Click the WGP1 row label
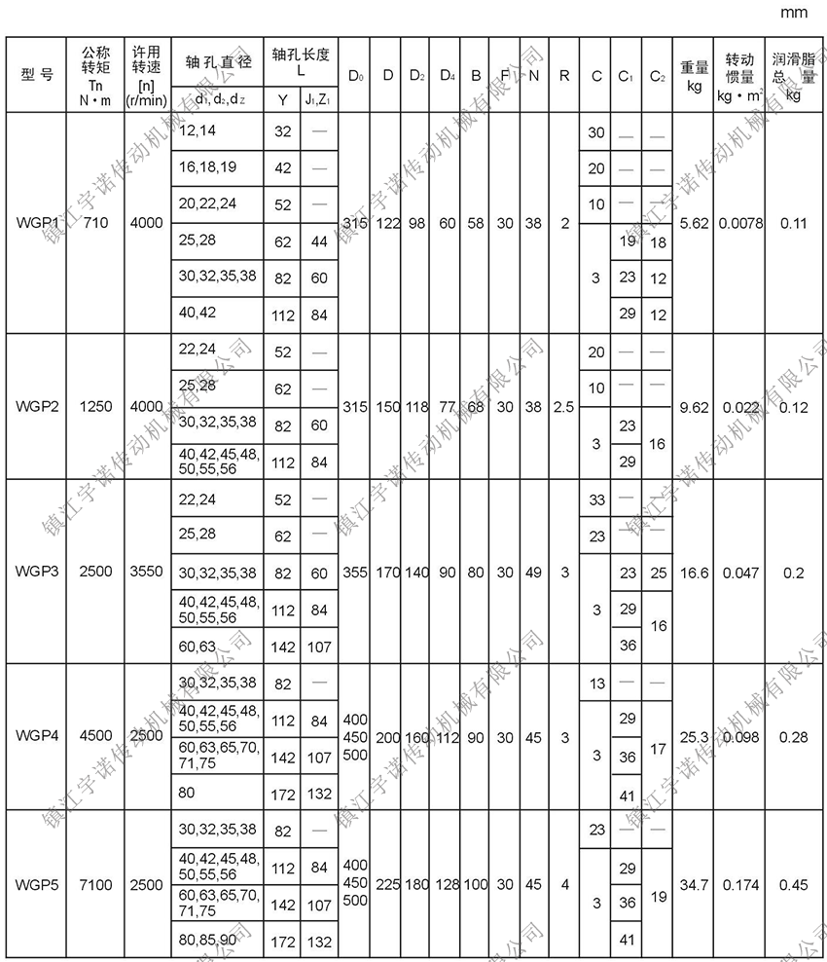(x=36, y=223)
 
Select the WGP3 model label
(x=36, y=572)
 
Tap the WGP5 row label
(x=36, y=885)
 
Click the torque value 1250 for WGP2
(x=96, y=406)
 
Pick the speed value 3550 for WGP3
(x=146, y=572)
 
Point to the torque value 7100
(x=96, y=885)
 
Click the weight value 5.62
(x=694, y=223)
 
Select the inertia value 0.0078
(x=738, y=223)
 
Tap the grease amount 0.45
(x=794, y=885)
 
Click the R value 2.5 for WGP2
(x=563, y=406)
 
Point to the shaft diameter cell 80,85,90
(x=206, y=940)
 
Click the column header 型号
(x=36, y=75)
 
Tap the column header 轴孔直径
(x=218, y=60)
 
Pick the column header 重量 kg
(x=694, y=75)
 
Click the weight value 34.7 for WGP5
(x=694, y=885)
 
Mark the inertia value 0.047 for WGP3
(x=738, y=572)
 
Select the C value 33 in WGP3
(x=595, y=499)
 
